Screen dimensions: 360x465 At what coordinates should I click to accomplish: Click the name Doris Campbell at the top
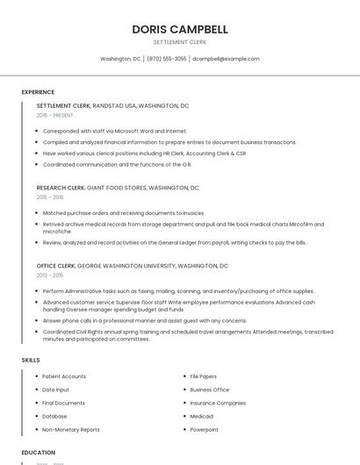pyautogui.click(x=179, y=29)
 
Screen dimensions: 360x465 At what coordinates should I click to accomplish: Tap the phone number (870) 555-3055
pyautogui.click(x=167, y=59)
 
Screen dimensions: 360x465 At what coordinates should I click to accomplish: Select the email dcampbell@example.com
pyautogui.click(x=226, y=59)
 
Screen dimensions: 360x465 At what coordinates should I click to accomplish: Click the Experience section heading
pyautogui.click(x=38, y=92)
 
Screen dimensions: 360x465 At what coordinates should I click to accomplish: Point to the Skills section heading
pyautogui.click(x=31, y=360)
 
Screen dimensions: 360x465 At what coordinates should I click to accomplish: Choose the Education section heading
pyautogui.click(x=38, y=453)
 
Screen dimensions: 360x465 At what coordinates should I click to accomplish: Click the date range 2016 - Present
pyautogui.click(x=54, y=115)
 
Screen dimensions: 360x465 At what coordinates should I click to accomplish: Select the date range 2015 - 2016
pyautogui.click(x=50, y=197)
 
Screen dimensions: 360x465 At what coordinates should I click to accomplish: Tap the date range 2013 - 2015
pyautogui.click(x=50, y=275)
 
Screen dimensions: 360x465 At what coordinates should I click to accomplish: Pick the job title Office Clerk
pyautogui.click(x=55, y=266)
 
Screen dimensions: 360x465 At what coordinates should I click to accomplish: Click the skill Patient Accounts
pyautogui.click(x=64, y=376)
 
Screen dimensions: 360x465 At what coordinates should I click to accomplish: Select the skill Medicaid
pyautogui.click(x=203, y=416)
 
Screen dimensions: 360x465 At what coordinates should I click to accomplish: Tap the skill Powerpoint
pyautogui.click(x=205, y=430)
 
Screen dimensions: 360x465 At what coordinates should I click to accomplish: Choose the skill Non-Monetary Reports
pyautogui.click(x=71, y=430)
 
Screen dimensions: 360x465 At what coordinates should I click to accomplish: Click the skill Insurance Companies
pyautogui.click(x=218, y=403)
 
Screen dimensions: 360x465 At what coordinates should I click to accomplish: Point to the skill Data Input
pyautogui.click(x=55, y=390)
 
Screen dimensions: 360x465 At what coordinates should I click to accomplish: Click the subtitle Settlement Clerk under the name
pyautogui.click(x=179, y=42)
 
